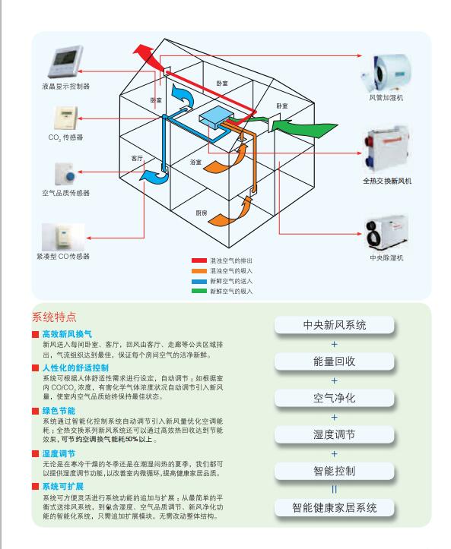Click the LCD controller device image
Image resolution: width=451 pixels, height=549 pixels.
(x=65, y=62)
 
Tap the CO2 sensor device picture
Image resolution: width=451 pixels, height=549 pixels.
(x=65, y=118)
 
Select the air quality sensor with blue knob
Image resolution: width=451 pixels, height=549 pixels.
(x=65, y=174)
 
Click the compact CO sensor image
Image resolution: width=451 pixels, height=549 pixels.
(x=63, y=237)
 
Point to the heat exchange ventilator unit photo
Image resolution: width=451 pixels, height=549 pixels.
(x=387, y=152)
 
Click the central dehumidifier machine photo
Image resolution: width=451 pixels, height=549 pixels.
(x=387, y=234)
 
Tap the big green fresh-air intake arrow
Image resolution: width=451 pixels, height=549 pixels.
(x=304, y=128)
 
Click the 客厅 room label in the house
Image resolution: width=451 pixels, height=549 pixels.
(x=137, y=158)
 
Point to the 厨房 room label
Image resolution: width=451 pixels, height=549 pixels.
(x=202, y=213)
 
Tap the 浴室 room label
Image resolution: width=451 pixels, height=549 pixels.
(x=196, y=162)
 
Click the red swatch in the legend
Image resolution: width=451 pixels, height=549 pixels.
(x=199, y=260)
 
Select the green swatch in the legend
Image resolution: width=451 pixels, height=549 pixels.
(x=199, y=291)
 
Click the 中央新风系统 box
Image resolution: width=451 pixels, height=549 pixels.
(x=335, y=325)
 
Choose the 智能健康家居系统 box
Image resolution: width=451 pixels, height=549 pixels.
(x=335, y=508)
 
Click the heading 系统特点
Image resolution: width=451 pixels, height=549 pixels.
(x=54, y=317)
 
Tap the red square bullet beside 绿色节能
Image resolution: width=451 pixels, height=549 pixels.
(x=36, y=411)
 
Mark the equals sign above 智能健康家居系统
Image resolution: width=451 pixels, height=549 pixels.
(x=334, y=489)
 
